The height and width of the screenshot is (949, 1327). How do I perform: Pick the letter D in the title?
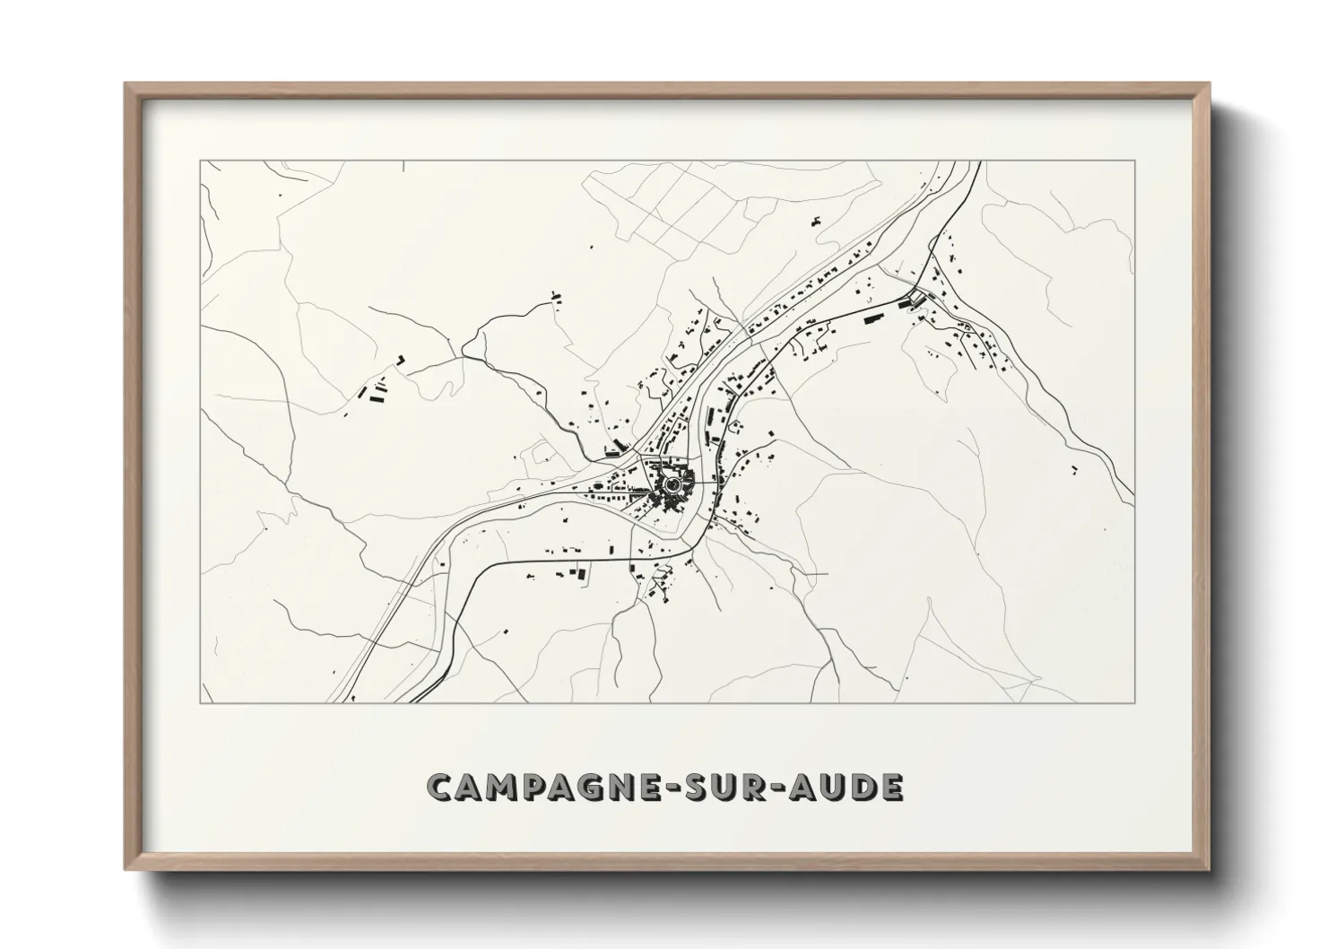click(867, 787)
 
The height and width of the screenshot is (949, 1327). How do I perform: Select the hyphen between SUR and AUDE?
click(786, 788)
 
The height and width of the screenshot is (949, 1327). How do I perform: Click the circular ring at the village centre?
click(672, 484)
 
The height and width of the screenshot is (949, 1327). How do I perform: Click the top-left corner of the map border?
click(200, 161)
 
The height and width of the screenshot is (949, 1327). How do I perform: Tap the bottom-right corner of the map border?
click(1135, 702)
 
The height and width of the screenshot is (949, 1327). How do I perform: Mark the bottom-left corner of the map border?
click(200, 702)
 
